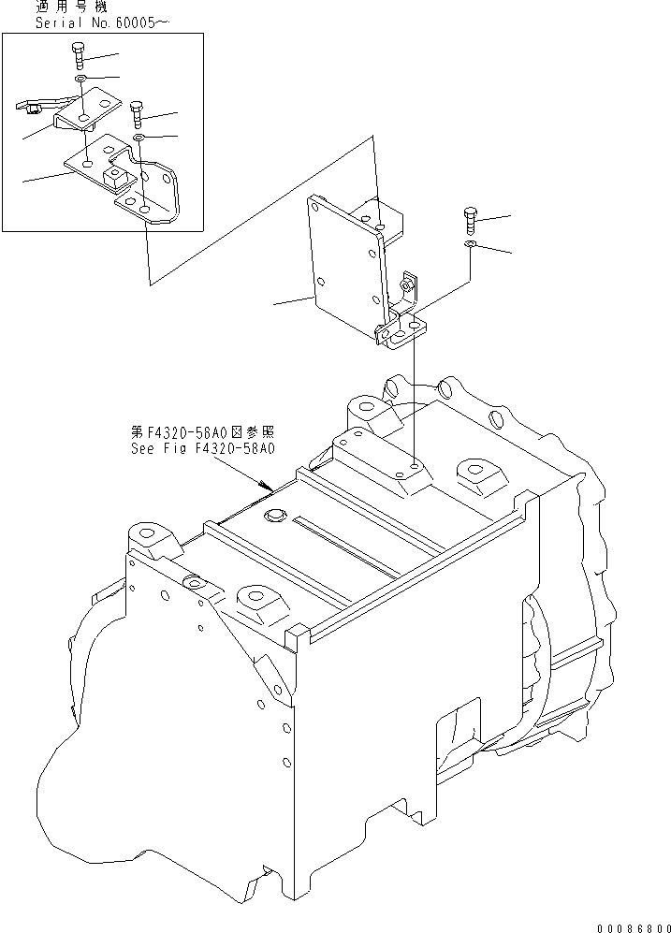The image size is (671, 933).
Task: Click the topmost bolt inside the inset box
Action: (78, 55)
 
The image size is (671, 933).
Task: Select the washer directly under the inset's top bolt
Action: (82, 82)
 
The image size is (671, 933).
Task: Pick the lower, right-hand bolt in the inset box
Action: (137, 114)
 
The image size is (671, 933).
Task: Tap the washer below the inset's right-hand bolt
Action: (139, 138)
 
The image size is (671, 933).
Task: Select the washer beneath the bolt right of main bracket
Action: (472, 246)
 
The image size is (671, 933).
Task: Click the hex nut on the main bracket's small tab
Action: (406, 281)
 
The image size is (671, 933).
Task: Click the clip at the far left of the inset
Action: (32, 107)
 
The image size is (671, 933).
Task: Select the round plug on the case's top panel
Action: (274, 516)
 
